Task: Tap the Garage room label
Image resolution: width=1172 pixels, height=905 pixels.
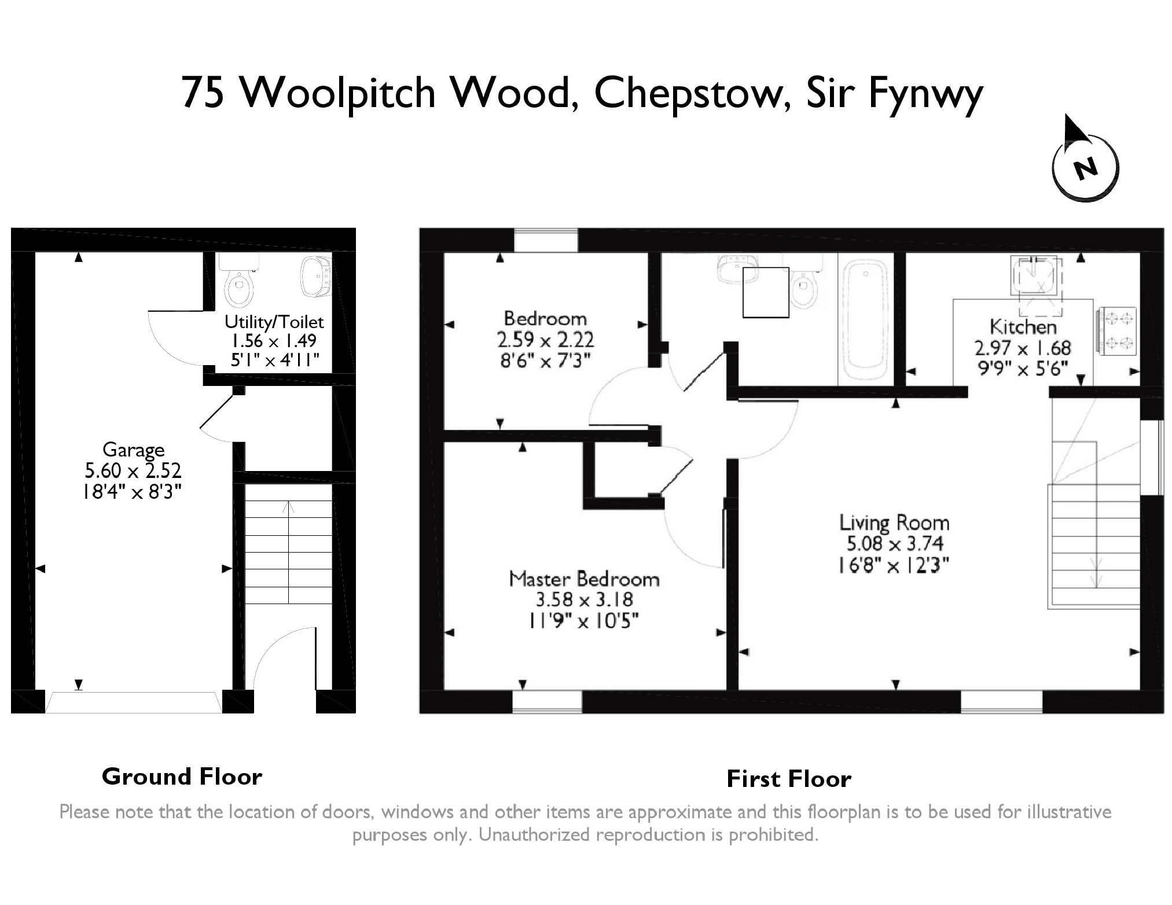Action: coord(133,450)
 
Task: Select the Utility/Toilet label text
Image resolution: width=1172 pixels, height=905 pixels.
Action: coord(274,322)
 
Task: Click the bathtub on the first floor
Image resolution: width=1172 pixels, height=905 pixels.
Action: coord(865,319)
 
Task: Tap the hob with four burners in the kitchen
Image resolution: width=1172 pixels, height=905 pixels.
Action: coord(1116,331)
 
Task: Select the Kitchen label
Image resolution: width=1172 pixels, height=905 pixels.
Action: coord(1023,327)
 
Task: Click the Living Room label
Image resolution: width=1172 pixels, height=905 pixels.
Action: coord(894,523)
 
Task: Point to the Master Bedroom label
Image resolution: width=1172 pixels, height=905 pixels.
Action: coord(584,579)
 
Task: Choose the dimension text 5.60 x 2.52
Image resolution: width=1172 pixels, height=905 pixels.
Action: coord(133,471)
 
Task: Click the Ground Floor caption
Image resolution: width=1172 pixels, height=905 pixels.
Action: coord(182,777)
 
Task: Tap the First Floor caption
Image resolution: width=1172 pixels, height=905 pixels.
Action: coord(789,779)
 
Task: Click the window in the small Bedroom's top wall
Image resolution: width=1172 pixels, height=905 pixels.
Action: coord(546,240)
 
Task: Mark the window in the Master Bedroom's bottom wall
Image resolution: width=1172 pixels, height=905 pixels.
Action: coord(547,701)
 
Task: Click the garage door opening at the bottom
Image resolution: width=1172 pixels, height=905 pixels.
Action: coord(133,702)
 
